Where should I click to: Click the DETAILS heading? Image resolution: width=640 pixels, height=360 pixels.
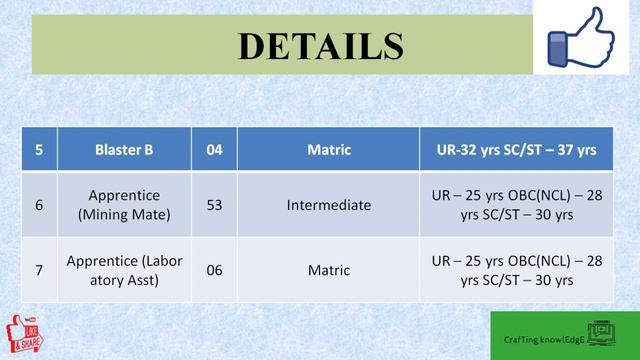[x=320, y=46]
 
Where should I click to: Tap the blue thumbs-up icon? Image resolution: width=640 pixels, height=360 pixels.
[x=584, y=39]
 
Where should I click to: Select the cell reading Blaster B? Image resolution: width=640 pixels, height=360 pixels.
[x=124, y=150]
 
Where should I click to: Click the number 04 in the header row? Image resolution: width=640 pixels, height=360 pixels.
[x=215, y=150]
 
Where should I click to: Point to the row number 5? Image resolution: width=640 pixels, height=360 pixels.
[x=39, y=150]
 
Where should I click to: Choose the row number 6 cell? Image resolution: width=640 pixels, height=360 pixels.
[x=39, y=204]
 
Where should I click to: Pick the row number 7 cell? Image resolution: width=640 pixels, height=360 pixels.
[x=39, y=269]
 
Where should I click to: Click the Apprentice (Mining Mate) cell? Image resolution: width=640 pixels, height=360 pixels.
[x=124, y=204]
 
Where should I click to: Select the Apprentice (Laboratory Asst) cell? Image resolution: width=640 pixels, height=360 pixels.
[x=124, y=269]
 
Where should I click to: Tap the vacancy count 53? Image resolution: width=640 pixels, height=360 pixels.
[x=215, y=204]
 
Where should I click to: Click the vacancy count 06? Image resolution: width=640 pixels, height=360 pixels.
[x=215, y=269]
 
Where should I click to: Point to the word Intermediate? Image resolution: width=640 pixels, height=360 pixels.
[x=329, y=204]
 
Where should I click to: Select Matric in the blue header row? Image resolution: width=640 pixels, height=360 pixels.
[x=329, y=150]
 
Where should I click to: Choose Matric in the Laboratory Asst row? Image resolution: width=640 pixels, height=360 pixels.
[x=329, y=269]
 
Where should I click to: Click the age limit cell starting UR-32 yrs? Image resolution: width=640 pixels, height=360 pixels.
[x=517, y=150]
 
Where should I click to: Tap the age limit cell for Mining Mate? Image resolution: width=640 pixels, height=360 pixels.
[x=517, y=204]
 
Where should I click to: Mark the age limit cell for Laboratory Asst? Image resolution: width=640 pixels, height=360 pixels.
[x=517, y=269]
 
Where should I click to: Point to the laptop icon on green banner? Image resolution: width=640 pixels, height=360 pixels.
[x=604, y=333]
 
